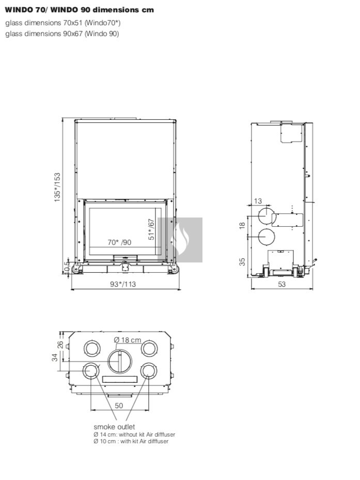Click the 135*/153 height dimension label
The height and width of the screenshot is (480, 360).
tap(57, 188)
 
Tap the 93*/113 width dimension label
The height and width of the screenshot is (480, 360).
tap(123, 284)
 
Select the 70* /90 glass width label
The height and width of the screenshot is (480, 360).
tap(119, 242)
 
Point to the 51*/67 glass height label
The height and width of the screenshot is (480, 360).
tap(151, 229)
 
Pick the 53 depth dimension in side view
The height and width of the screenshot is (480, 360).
tap(281, 284)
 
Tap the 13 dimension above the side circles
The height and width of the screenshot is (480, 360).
tap(258, 201)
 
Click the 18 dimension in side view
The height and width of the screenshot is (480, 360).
tap(242, 226)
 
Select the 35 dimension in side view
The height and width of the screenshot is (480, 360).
tap(242, 262)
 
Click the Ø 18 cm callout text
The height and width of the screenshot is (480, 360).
tap(128, 340)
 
